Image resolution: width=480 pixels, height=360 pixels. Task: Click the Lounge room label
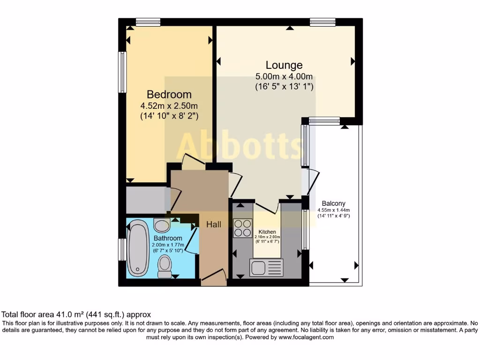pyautogui.click(x=284, y=65)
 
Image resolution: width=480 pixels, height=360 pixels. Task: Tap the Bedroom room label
pyautogui.click(x=169, y=94)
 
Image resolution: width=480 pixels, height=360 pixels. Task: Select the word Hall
pyautogui.click(x=214, y=225)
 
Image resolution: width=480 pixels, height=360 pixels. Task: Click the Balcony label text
pyautogui.click(x=333, y=203)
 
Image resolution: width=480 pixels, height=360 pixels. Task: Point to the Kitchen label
pyautogui.click(x=267, y=232)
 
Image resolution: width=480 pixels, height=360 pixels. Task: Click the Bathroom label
pyautogui.click(x=168, y=239)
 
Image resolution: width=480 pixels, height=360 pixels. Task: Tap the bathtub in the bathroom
pyautogui.click(x=138, y=248)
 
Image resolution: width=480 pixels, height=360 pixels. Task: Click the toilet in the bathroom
pyautogui.click(x=165, y=266)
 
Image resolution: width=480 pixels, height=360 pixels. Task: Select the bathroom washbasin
pyautogui.click(x=162, y=225)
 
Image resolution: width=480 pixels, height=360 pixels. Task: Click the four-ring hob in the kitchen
pyautogui.click(x=242, y=228)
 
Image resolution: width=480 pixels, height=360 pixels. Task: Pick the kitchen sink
pyautogui.click(x=266, y=268)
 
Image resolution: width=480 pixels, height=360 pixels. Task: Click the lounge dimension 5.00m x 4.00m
pyautogui.click(x=284, y=76)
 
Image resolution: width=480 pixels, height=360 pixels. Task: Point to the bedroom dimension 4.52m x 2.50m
pyautogui.click(x=169, y=105)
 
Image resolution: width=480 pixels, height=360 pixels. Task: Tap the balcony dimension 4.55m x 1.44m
pyautogui.click(x=334, y=210)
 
